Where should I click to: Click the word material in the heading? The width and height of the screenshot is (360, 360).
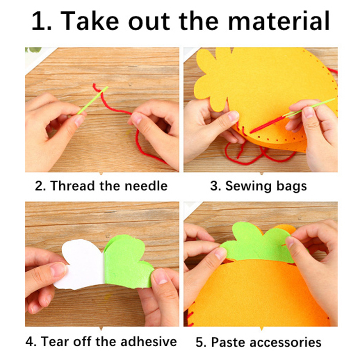coord(279,21)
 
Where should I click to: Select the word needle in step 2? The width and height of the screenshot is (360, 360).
coord(146,186)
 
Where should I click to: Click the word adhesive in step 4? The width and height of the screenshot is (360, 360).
coord(148,341)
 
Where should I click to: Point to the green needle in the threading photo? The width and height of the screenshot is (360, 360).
coord(93,100)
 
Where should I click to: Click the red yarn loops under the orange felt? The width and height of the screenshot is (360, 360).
coord(257,153)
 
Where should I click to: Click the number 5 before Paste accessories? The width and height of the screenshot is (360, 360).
coord(200,342)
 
